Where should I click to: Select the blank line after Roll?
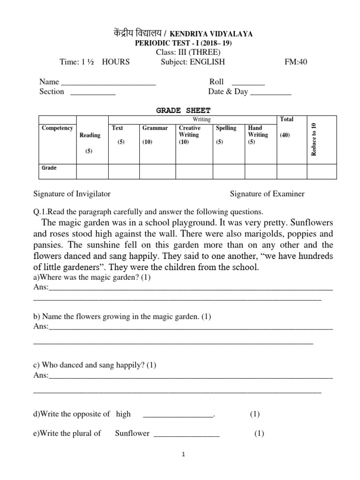click(x=248, y=82)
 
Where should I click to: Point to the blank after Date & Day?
click(x=270, y=92)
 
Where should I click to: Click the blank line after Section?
click(x=93, y=92)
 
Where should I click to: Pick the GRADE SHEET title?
click(x=183, y=110)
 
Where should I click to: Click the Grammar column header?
click(x=155, y=128)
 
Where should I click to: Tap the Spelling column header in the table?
click(x=226, y=128)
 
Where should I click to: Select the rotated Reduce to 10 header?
click(x=314, y=139)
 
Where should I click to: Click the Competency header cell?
click(x=57, y=128)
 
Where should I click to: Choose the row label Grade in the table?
click(x=49, y=168)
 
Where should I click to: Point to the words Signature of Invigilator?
click(x=72, y=194)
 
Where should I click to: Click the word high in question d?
click(x=123, y=414)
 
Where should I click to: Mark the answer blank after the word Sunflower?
click(x=187, y=434)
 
